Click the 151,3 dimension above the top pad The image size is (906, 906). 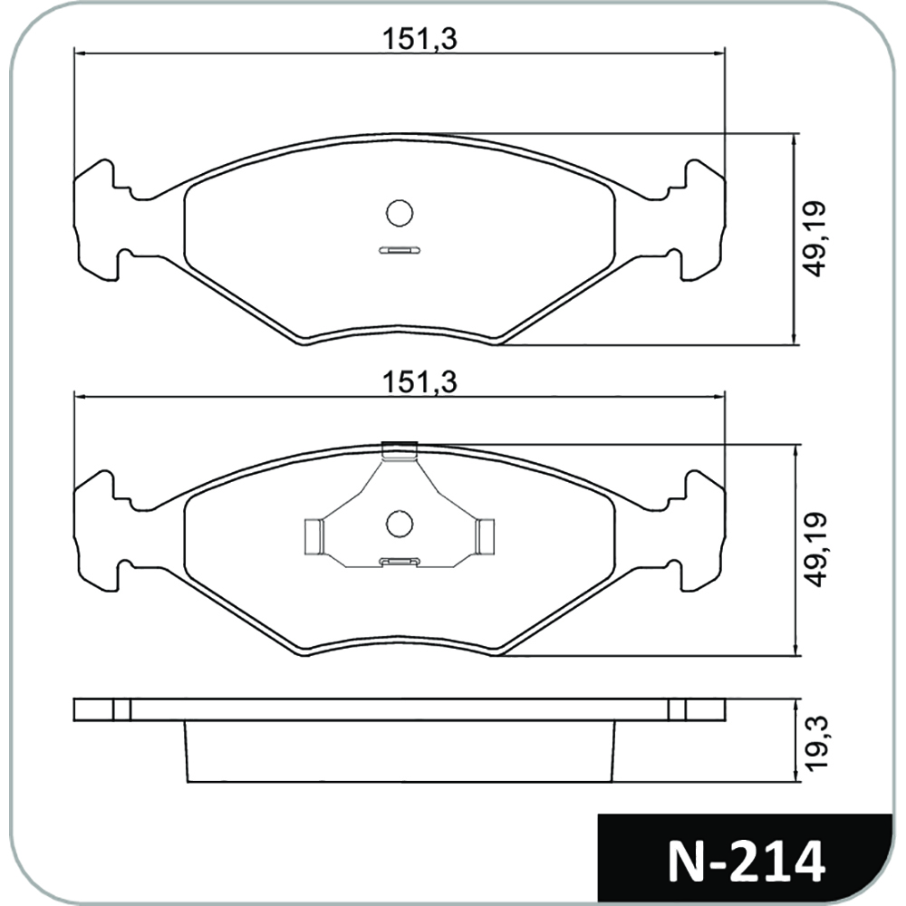419,39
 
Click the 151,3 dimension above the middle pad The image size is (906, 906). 419,382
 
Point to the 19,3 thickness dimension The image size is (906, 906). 817,742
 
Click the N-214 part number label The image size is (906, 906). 747,863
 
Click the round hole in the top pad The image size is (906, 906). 400,213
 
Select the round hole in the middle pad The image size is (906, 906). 400,524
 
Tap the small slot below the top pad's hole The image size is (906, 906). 400,250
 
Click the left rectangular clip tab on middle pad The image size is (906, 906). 313,536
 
